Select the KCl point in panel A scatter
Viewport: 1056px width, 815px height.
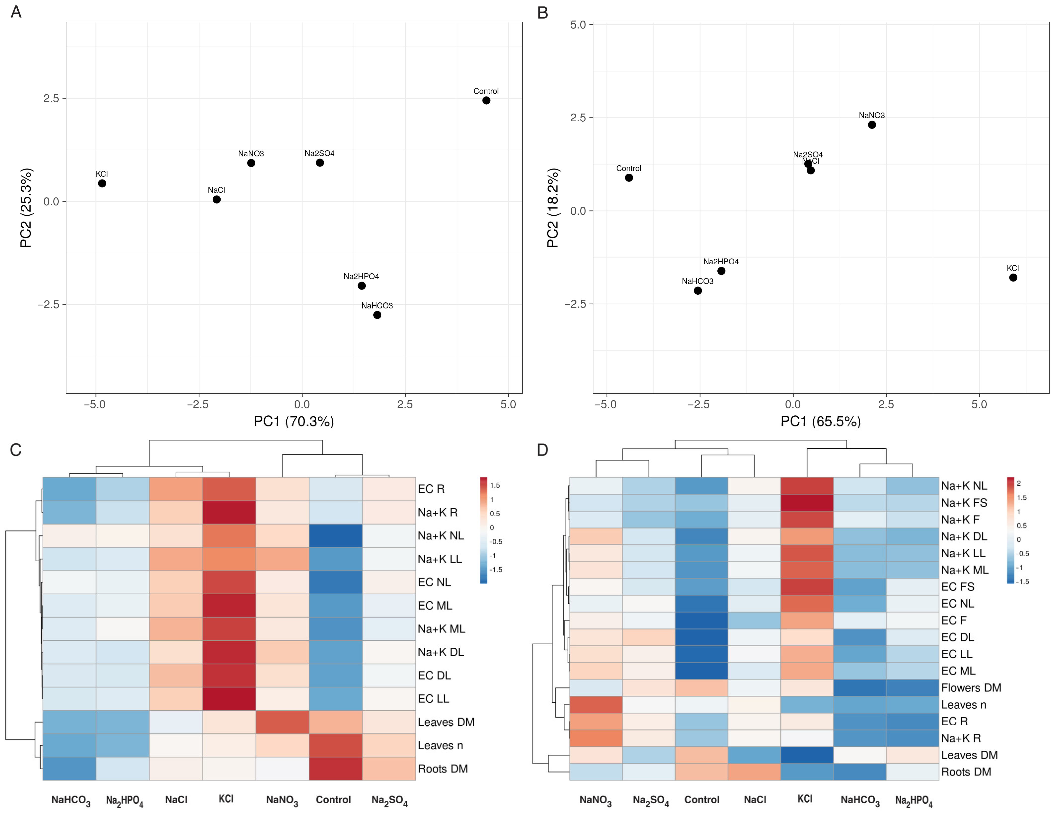point(102,183)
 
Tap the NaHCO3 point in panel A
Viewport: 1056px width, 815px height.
point(377,315)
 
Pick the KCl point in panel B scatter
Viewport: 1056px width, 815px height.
point(1013,278)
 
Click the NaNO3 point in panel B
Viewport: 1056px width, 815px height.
point(872,125)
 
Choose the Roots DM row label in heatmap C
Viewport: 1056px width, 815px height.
point(442,769)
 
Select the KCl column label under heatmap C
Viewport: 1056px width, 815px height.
point(226,799)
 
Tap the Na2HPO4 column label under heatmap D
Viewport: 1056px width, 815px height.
point(913,801)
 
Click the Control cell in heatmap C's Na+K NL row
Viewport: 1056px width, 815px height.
point(336,535)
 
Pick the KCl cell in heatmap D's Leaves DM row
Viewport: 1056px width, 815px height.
point(807,755)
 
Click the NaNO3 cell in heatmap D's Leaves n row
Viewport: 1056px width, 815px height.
point(596,704)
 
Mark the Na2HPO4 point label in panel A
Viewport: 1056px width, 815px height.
point(361,276)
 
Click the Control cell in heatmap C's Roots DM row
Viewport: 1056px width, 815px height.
point(336,769)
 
